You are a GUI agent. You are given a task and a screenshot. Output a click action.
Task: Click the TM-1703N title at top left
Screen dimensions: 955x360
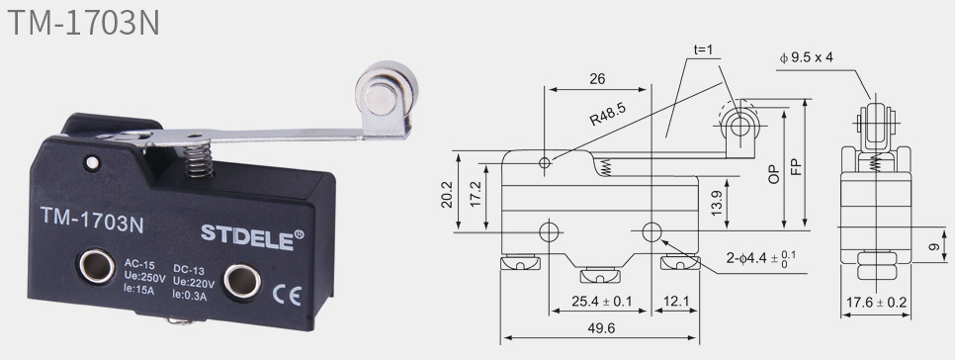point(83,22)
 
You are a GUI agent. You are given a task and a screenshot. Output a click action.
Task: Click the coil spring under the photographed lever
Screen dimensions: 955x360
point(199,160)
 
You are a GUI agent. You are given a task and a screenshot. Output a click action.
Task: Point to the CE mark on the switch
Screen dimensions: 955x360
point(287,296)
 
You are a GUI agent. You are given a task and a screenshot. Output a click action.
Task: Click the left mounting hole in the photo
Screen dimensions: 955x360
point(96,267)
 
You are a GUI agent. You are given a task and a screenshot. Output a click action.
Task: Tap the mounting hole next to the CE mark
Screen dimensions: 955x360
point(242,282)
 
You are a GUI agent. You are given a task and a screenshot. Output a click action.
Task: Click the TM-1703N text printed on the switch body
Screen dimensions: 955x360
point(92,219)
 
